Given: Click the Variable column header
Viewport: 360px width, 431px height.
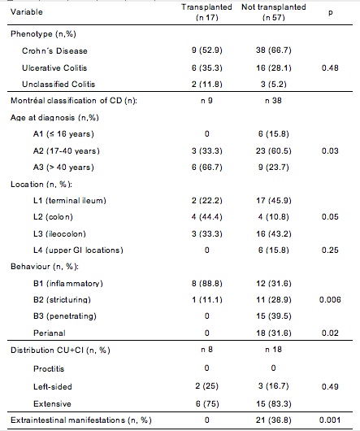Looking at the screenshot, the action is [x=27, y=12].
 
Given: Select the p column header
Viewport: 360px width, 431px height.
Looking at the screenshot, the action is [x=331, y=13].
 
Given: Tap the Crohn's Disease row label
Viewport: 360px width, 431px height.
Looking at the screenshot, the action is [x=54, y=51].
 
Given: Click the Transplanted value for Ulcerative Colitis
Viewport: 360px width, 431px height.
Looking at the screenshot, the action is [x=206, y=67].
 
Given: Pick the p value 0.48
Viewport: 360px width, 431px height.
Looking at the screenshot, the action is [x=330, y=67].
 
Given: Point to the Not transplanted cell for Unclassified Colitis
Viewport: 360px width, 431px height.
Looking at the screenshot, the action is [x=274, y=84].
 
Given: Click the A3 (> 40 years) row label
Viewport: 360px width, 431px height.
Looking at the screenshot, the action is [x=63, y=168].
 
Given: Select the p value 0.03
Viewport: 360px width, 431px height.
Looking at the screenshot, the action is [x=330, y=150].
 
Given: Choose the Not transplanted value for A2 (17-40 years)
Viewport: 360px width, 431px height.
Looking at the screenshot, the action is [x=274, y=150].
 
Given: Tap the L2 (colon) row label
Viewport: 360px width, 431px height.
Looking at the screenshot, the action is [x=53, y=217].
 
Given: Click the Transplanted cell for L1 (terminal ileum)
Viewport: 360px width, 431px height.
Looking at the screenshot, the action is [x=206, y=200].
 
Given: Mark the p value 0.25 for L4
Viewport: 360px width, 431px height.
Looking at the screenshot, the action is [x=330, y=250].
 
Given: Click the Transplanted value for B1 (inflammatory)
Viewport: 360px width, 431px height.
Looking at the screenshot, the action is [x=206, y=283].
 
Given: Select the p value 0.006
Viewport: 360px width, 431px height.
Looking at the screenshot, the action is [x=330, y=299].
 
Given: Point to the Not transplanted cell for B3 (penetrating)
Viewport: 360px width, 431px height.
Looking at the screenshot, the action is [x=274, y=316].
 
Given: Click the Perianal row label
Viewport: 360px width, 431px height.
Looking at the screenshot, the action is [x=50, y=333].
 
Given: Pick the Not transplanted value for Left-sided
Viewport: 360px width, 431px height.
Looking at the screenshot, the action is [x=274, y=386].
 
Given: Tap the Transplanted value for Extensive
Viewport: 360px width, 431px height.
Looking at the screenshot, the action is [x=207, y=403].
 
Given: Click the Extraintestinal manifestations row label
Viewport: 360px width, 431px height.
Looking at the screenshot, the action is [x=81, y=420].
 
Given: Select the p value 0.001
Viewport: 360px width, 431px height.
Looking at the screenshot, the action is [x=330, y=420].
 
